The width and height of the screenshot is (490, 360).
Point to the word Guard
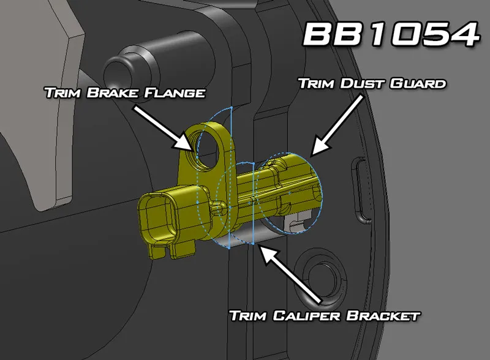click(x=417, y=83)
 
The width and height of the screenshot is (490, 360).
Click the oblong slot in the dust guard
click(x=360, y=190)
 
